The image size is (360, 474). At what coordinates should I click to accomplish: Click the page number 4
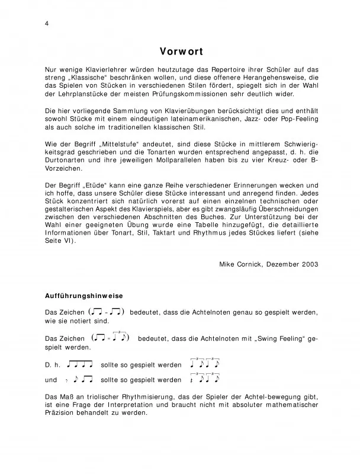[46, 23]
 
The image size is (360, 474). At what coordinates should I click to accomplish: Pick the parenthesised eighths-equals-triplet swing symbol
[111, 337]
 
